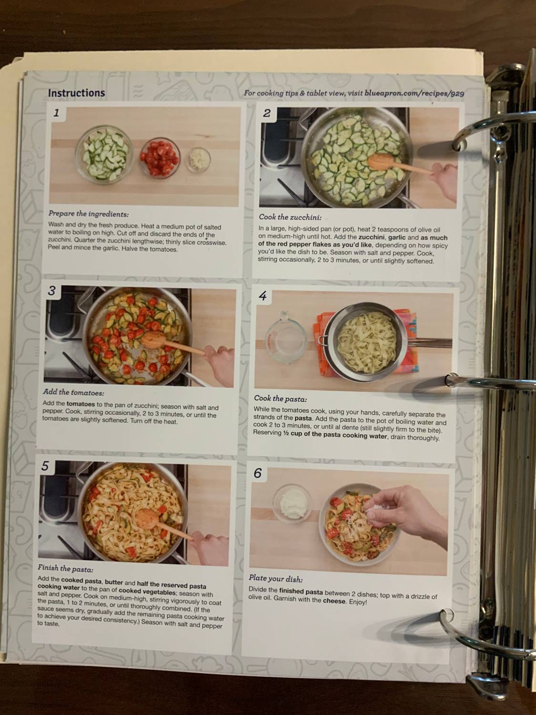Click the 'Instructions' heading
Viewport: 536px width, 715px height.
76,93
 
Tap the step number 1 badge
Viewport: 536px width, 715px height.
57,113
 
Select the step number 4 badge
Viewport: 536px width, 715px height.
263,296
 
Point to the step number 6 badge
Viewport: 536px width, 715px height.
257,473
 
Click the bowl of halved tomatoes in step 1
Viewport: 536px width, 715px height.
160,156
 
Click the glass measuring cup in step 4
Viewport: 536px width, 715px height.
285,338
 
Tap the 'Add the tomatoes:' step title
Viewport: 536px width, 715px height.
73,392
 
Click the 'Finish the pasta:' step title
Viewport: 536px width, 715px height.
65,569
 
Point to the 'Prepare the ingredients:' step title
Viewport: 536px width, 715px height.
89,214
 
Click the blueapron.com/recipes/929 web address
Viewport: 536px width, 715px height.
414,93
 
